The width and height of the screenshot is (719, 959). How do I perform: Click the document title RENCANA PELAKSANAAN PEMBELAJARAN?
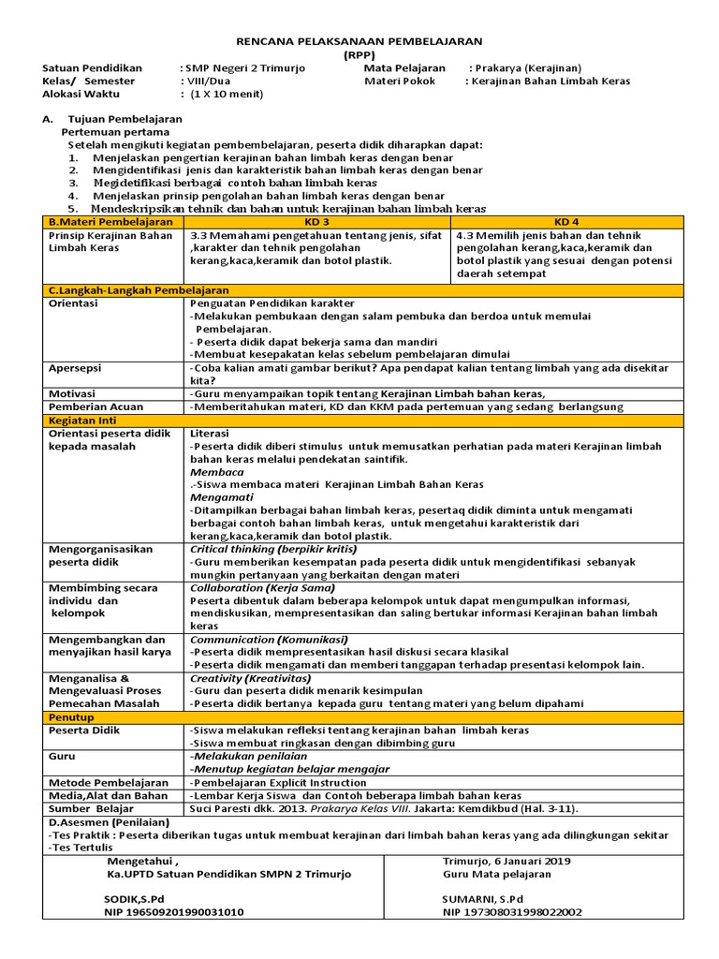[x=359, y=41]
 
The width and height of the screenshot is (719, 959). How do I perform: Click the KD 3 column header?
[x=318, y=222]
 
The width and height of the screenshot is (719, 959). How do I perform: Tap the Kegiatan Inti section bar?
[x=83, y=421]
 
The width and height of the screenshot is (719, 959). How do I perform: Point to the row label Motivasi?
[x=73, y=394]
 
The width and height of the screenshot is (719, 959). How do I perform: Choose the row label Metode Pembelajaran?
[x=109, y=782]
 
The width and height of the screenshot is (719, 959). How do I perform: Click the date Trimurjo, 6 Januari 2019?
[x=506, y=861]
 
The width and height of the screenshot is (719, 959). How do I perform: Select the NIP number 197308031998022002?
[x=512, y=910]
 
